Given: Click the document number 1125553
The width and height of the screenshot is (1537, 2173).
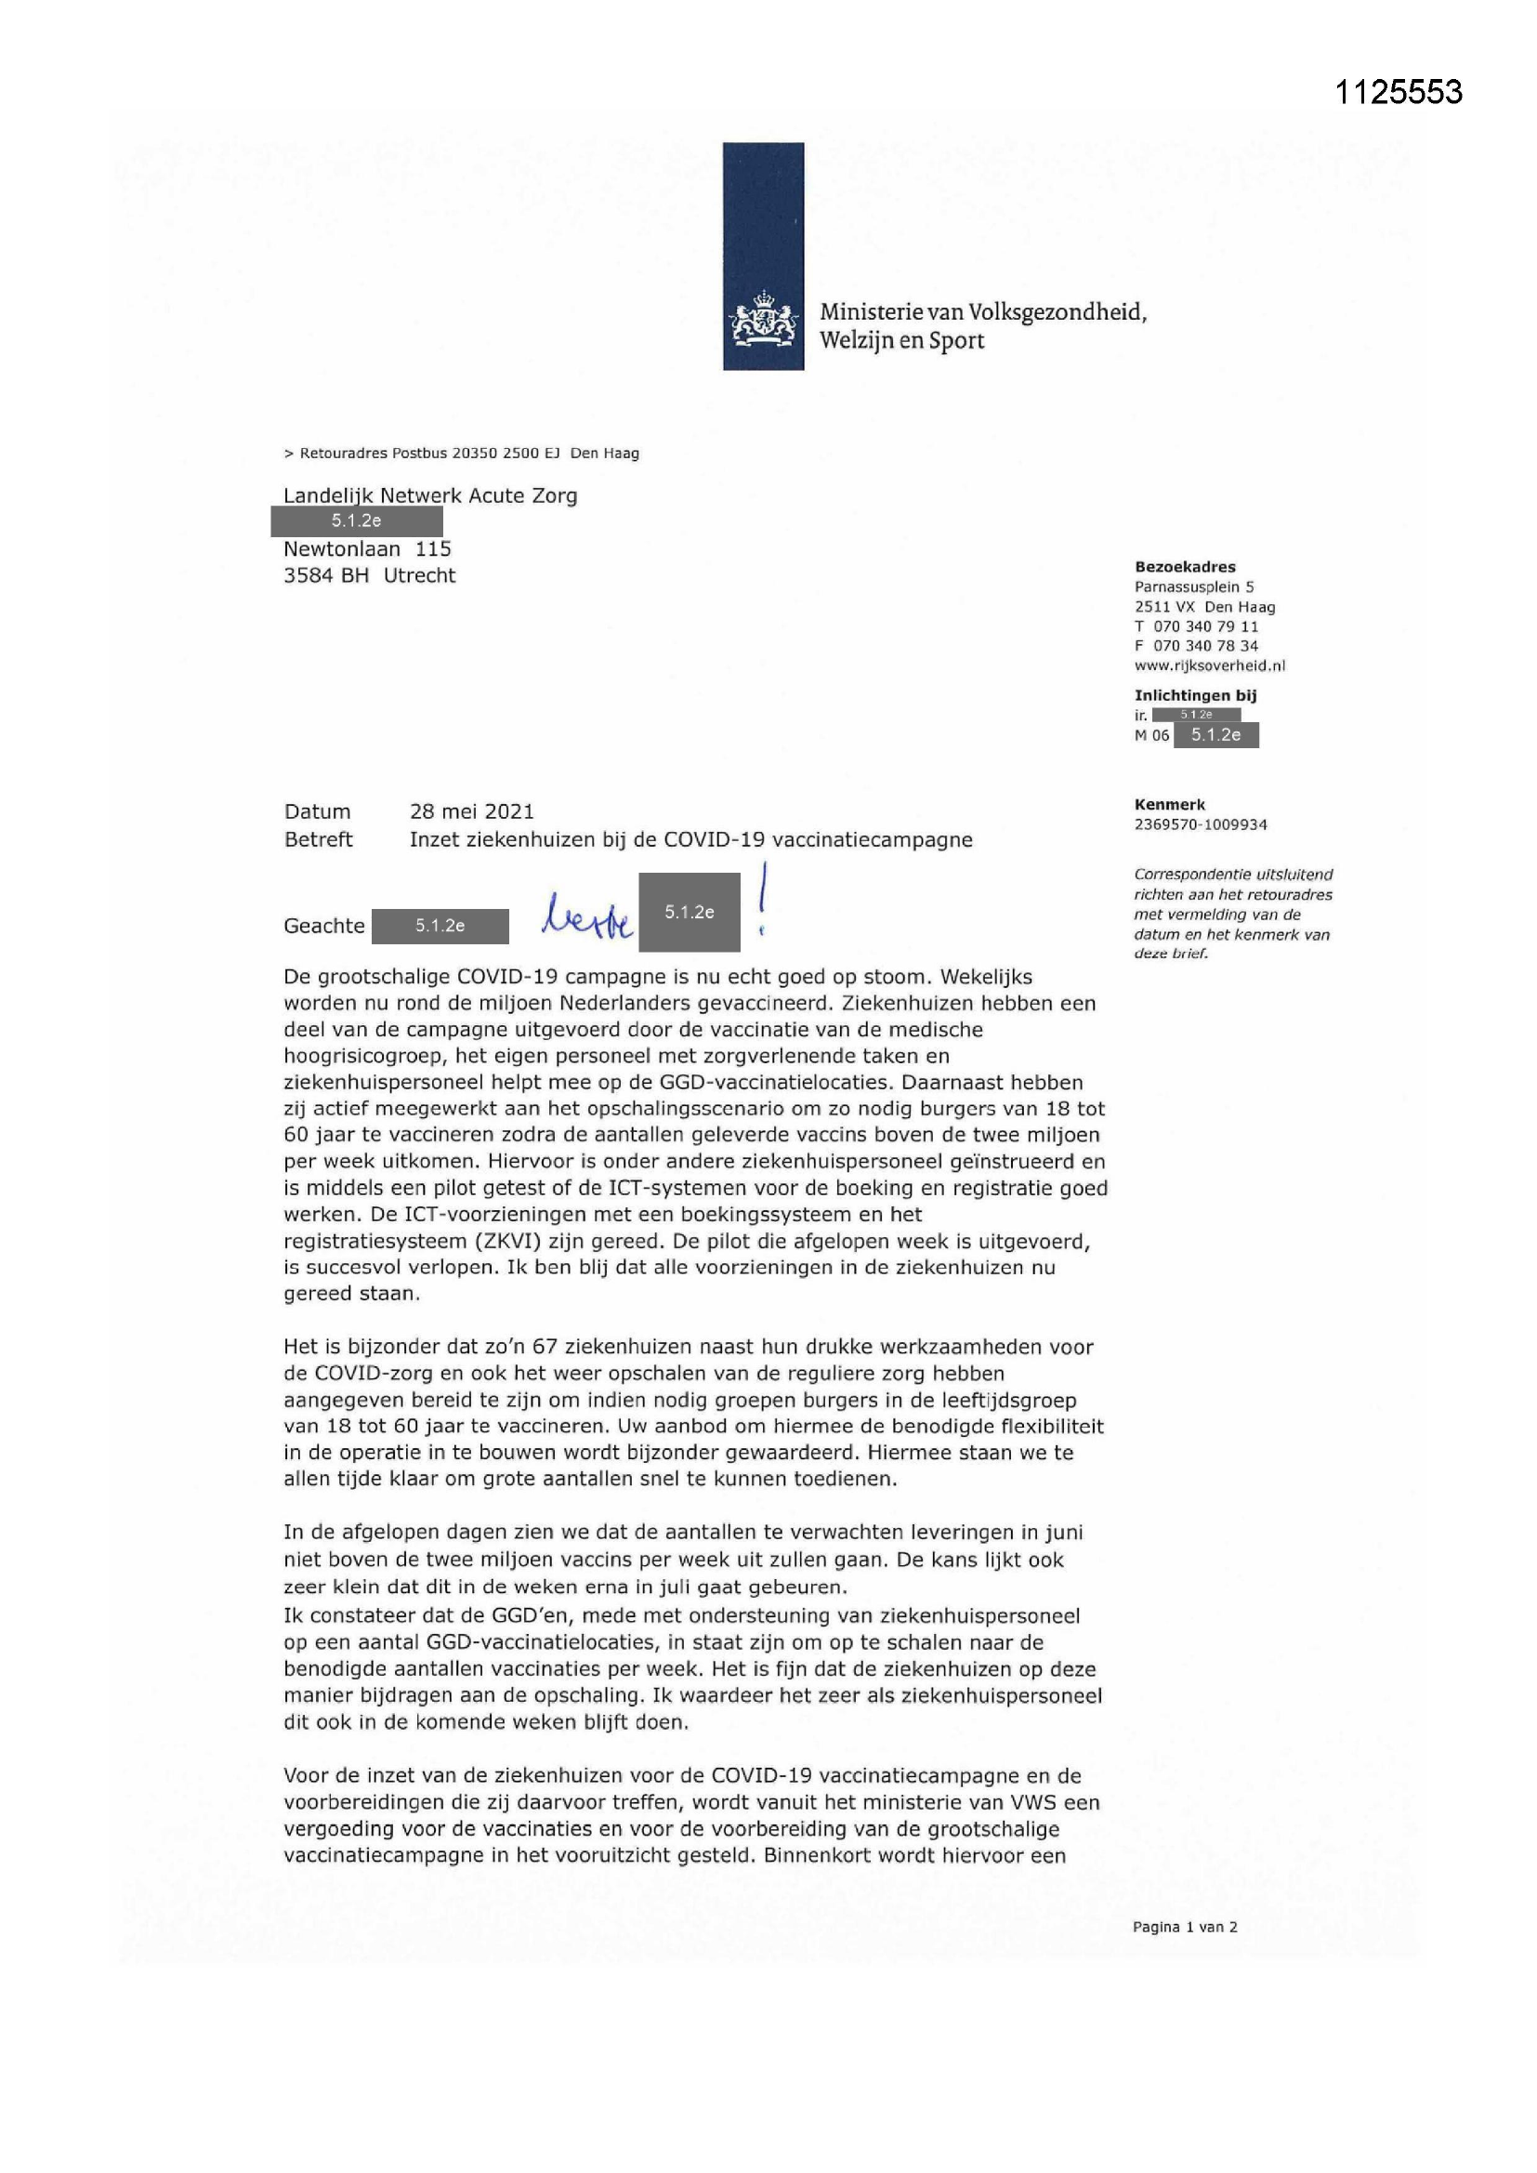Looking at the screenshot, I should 1398,92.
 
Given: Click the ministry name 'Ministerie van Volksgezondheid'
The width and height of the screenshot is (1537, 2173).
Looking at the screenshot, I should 982,312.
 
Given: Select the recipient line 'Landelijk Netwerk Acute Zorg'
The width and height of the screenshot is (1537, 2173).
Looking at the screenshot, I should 429,495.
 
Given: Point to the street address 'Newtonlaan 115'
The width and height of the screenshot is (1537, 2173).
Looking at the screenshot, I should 367,549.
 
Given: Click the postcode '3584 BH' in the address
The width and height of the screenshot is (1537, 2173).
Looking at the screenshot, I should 325,575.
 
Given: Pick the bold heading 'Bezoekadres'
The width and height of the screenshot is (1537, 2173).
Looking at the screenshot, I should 1185,567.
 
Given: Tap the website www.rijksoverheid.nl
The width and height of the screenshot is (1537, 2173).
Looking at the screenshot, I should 1210,665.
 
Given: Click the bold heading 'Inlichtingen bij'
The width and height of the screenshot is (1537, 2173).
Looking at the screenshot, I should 1195,695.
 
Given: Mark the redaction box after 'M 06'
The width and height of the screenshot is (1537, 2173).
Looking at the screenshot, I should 1215,735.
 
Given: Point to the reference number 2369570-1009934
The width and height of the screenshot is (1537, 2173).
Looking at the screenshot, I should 1200,824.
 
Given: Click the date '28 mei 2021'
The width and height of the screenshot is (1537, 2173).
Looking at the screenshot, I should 471,811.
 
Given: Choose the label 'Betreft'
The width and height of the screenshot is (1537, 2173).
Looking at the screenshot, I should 318,839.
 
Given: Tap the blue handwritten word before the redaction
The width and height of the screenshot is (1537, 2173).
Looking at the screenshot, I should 586,918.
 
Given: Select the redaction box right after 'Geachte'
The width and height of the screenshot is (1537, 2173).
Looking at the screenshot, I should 440,926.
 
